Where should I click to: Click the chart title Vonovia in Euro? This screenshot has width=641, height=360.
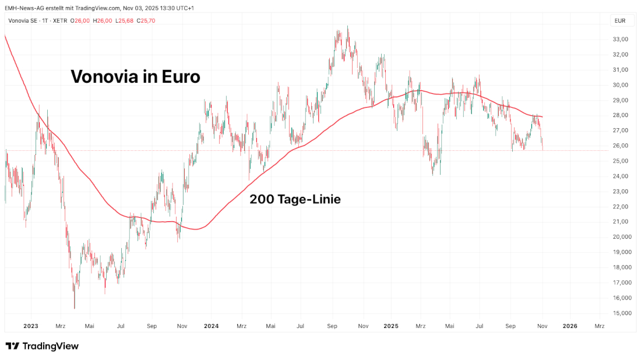(135, 76)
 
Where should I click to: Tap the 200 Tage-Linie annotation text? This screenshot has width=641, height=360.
(295, 199)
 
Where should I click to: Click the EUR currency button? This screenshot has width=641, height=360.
(620, 20)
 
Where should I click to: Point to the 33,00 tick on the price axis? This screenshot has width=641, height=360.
(620, 39)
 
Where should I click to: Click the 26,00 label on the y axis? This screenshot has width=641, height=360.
(620, 146)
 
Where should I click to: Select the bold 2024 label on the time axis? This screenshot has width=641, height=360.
(212, 326)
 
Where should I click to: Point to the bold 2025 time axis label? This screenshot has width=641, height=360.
(391, 326)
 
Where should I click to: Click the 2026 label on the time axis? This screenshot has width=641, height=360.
(570, 326)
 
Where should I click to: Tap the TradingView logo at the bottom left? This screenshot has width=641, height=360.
(42, 346)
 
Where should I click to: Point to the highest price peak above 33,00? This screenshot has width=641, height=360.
(348, 27)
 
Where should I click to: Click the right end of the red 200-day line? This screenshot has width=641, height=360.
(543, 117)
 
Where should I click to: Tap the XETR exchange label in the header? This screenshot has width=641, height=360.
(59, 20)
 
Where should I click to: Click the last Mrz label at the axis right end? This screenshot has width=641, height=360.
(599, 326)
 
